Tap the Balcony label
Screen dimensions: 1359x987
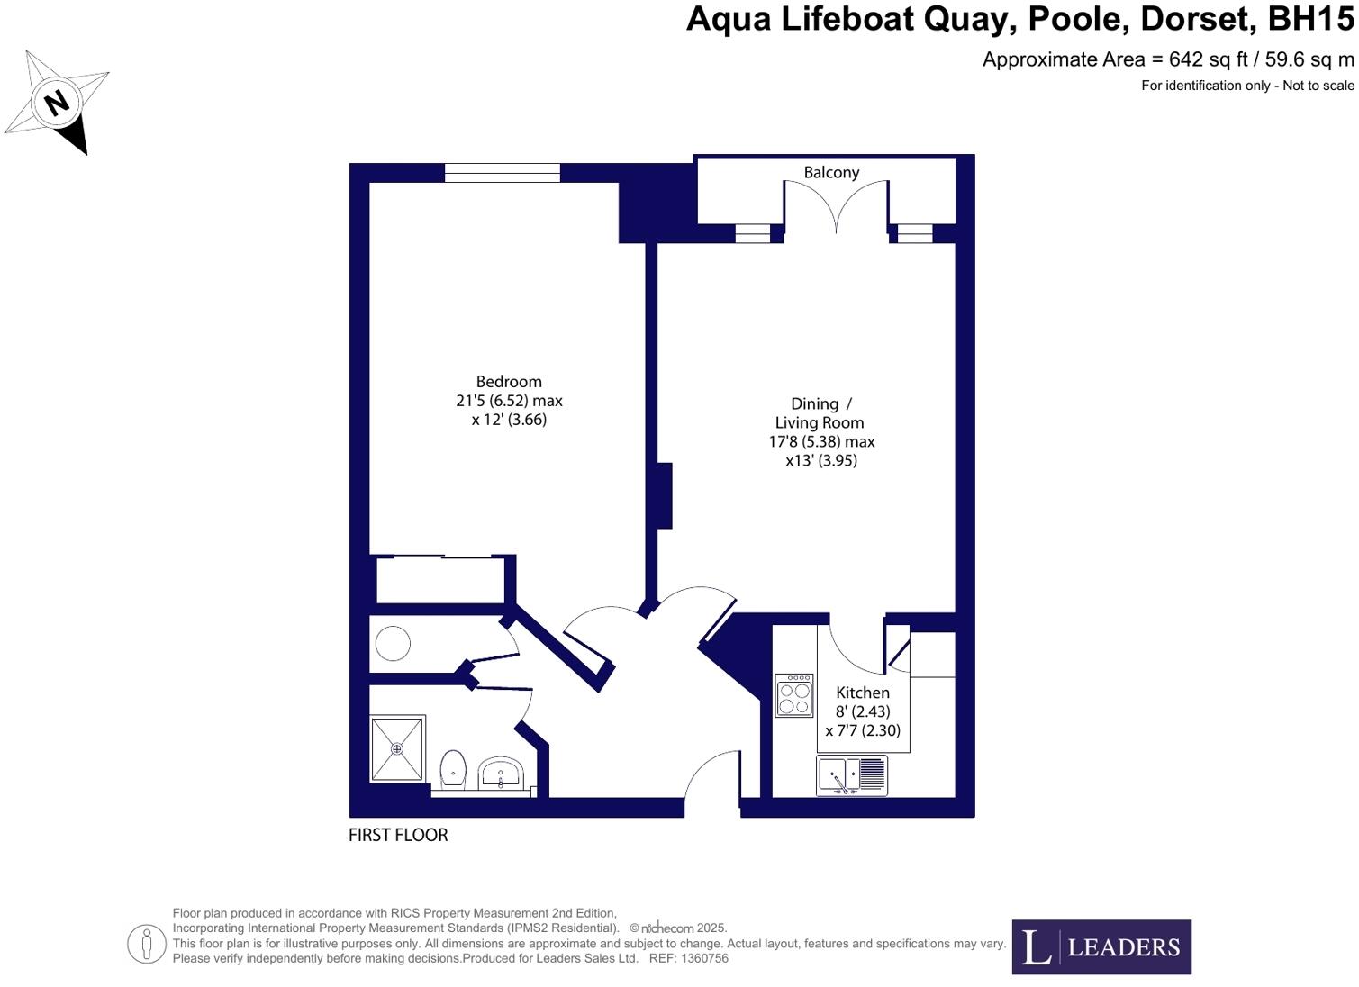coord(831,173)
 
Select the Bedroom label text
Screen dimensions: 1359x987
coord(509,382)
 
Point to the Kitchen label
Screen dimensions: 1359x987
coord(862,693)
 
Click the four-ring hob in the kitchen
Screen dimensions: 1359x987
coord(793,696)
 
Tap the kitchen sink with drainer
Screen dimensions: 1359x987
coord(852,775)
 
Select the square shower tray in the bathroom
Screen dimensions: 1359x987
coord(397,749)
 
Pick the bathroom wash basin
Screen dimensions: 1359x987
coord(501,774)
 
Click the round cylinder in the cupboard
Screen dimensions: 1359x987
coord(393,643)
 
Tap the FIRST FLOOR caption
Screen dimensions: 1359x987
coord(398,836)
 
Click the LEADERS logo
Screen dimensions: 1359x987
coord(1101,947)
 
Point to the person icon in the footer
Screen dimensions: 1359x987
coord(146,944)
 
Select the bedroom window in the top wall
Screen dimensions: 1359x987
coord(503,173)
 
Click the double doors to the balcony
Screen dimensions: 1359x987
coord(836,207)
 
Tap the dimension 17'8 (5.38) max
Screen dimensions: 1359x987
coord(821,441)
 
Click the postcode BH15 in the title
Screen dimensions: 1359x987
coord(1311,19)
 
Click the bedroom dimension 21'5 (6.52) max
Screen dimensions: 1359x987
coord(509,401)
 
